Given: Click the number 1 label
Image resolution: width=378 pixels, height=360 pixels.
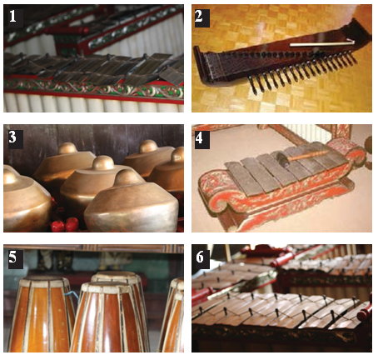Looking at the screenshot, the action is [x=13, y=16].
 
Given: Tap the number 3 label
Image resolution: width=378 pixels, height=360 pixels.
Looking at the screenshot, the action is [x=13, y=137].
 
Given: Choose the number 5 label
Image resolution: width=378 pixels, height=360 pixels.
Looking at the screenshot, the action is [x=13, y=258].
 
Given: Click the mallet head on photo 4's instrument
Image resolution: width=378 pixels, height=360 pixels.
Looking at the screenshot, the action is [x=283, y=160].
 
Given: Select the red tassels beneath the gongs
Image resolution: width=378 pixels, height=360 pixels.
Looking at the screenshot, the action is [x=64, y=223].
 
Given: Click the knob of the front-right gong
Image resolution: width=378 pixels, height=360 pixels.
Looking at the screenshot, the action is [x=127, y=177].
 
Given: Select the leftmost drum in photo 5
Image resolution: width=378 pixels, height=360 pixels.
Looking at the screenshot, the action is [x=42, y=314].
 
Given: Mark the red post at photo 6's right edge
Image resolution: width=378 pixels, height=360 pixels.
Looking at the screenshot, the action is [x=365, y=311].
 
